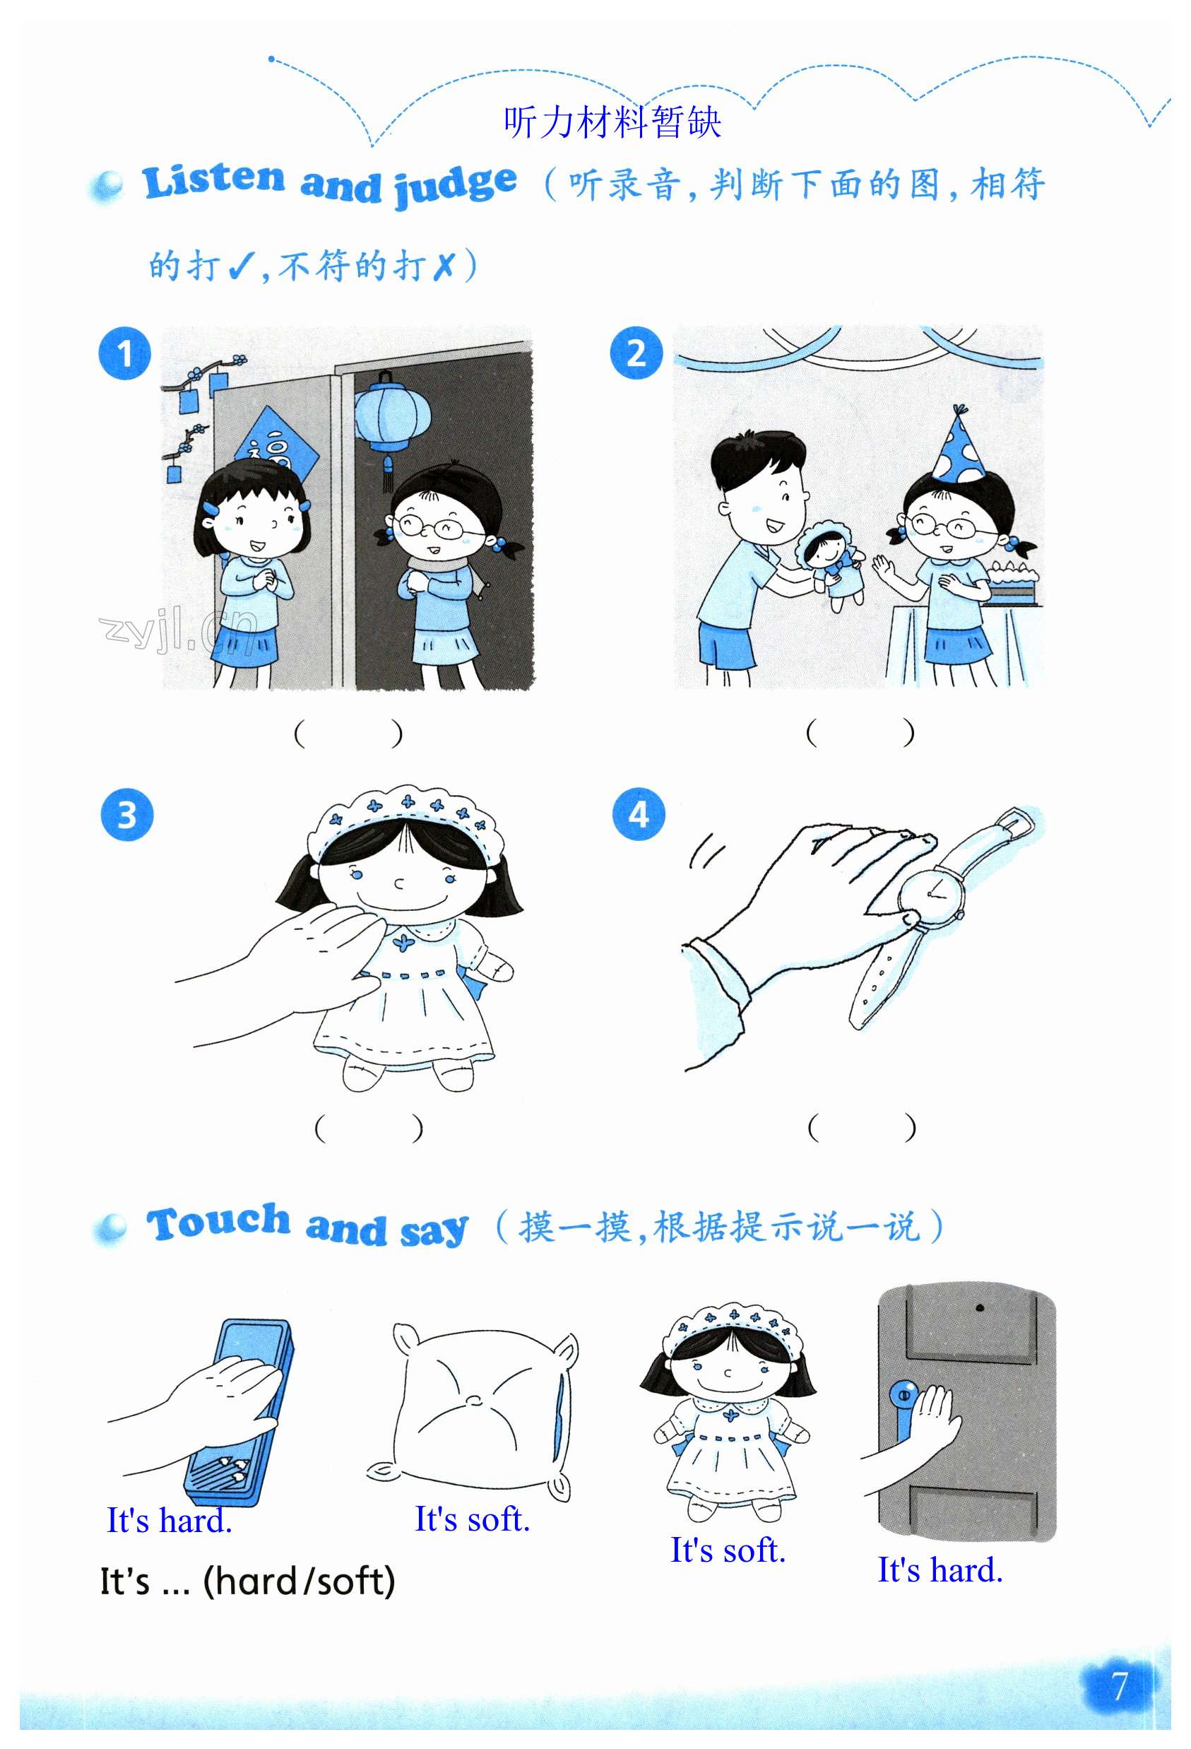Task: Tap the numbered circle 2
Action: click(x=636, y=352)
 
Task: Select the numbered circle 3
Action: click(x=126, y=814)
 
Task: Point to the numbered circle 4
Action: click(x=638, y=813)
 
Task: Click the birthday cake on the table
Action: click(x=1013, y=581)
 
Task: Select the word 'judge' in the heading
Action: click(x=455, y=186)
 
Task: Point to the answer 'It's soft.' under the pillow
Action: click(x=473, y=1519)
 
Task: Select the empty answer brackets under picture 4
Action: click(x=862, y=1127)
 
